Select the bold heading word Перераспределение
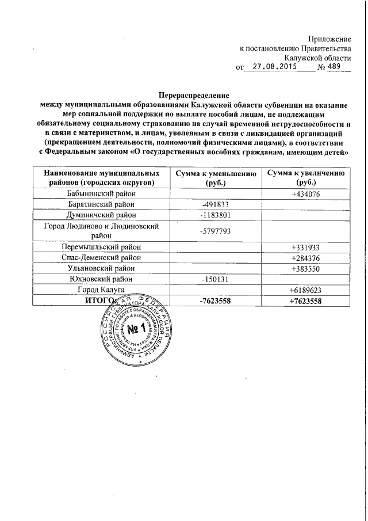click(194, 94)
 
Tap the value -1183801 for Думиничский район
click(216, 215)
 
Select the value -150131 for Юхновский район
click(216, 279)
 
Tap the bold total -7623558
click(216, 301)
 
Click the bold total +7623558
click(305, 301)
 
